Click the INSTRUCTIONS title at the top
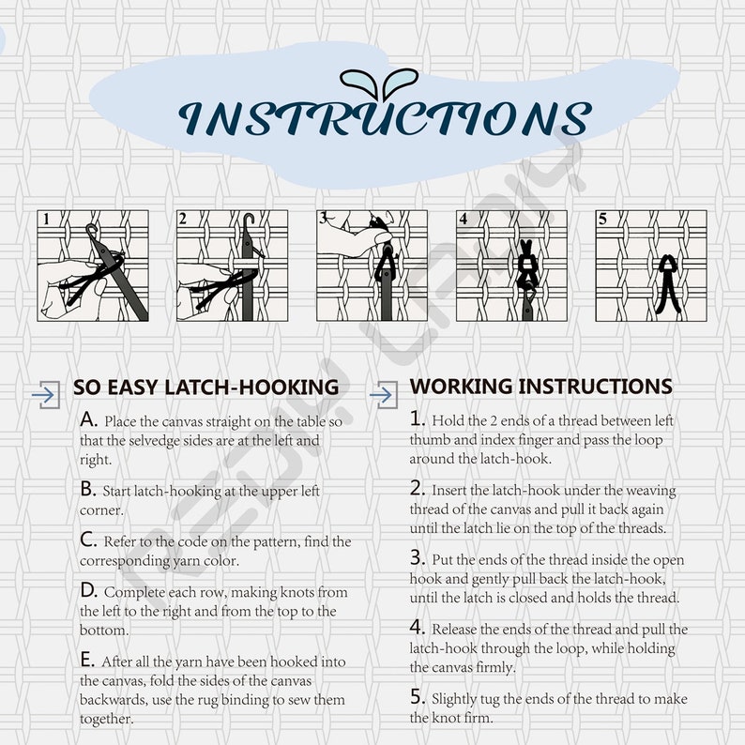tap(386, 118)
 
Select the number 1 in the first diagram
tap(46, 219)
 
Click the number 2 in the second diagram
tap(183, 219)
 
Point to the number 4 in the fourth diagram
tap(464, 219)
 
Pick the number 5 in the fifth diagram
tap(602, 219)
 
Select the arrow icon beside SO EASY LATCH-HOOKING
tap(46, 394)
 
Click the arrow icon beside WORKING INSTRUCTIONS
tap(384, 394)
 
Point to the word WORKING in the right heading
tap(461, 387)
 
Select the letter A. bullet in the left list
tap(88, 419)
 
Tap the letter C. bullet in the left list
tap(88, 540)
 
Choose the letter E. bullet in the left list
tap(87, 660)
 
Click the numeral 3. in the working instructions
tap(418, 557)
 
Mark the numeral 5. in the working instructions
tap(418, 697)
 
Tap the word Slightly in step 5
tap(454, 700)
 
